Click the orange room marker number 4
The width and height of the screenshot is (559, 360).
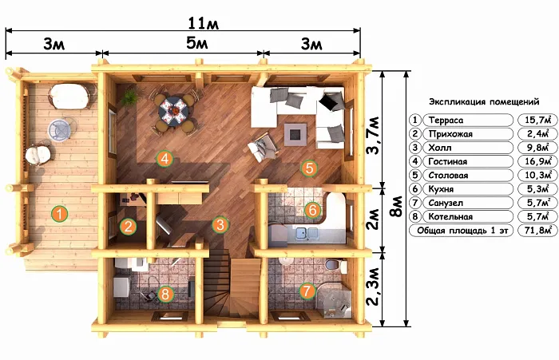[165, 159]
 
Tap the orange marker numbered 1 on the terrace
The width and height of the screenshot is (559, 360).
[60, 213]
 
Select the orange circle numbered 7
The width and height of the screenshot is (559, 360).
[307, 291]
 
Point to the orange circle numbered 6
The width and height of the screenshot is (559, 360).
[313, 210]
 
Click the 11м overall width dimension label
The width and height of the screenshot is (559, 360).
[203, 23]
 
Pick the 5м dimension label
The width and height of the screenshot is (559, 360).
[196, 43]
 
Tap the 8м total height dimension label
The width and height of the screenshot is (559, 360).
[396, 207]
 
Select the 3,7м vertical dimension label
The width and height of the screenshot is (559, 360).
[373, 135]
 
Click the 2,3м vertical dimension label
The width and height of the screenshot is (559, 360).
[373, 287]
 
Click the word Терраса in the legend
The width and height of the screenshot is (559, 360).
[446, 121]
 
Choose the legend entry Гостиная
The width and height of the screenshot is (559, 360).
[448, 162]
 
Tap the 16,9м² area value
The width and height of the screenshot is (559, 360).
[538, 161]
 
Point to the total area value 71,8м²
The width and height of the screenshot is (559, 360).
[538, 231]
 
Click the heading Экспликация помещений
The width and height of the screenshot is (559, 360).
[484, 102]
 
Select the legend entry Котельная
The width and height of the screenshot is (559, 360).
[450, 216]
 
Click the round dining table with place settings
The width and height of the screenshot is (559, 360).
[173, 110]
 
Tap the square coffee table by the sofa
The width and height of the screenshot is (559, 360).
[295, 134]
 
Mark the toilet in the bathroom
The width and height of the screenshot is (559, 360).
[336, 266]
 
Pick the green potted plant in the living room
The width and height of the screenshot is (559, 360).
[129, 97]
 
